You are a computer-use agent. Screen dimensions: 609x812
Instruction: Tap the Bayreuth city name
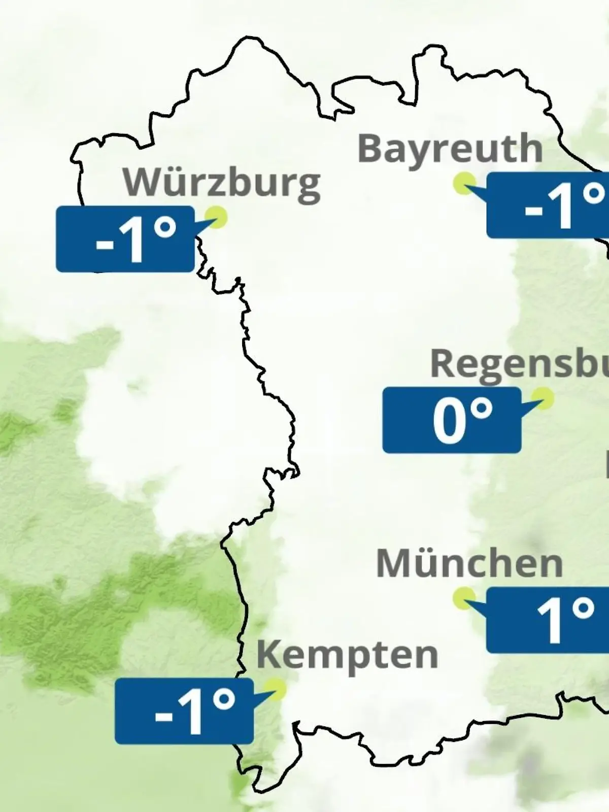(x=450, y=149)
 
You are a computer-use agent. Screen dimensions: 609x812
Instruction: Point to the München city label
(x=469, y=563)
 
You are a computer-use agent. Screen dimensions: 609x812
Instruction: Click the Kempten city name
(x=347, y=655)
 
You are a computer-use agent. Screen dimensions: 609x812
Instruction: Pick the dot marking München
(x=464, y=598)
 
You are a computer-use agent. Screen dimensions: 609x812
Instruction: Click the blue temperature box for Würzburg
(x=125, y=239)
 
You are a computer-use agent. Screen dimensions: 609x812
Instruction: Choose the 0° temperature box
(x=452, y=420)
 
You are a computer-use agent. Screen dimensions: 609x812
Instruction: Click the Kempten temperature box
(x=184, y=711)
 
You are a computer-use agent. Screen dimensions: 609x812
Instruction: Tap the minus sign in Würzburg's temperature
(x=105, y=245)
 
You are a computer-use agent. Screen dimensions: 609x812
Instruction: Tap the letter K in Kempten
(x=268, y=655)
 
